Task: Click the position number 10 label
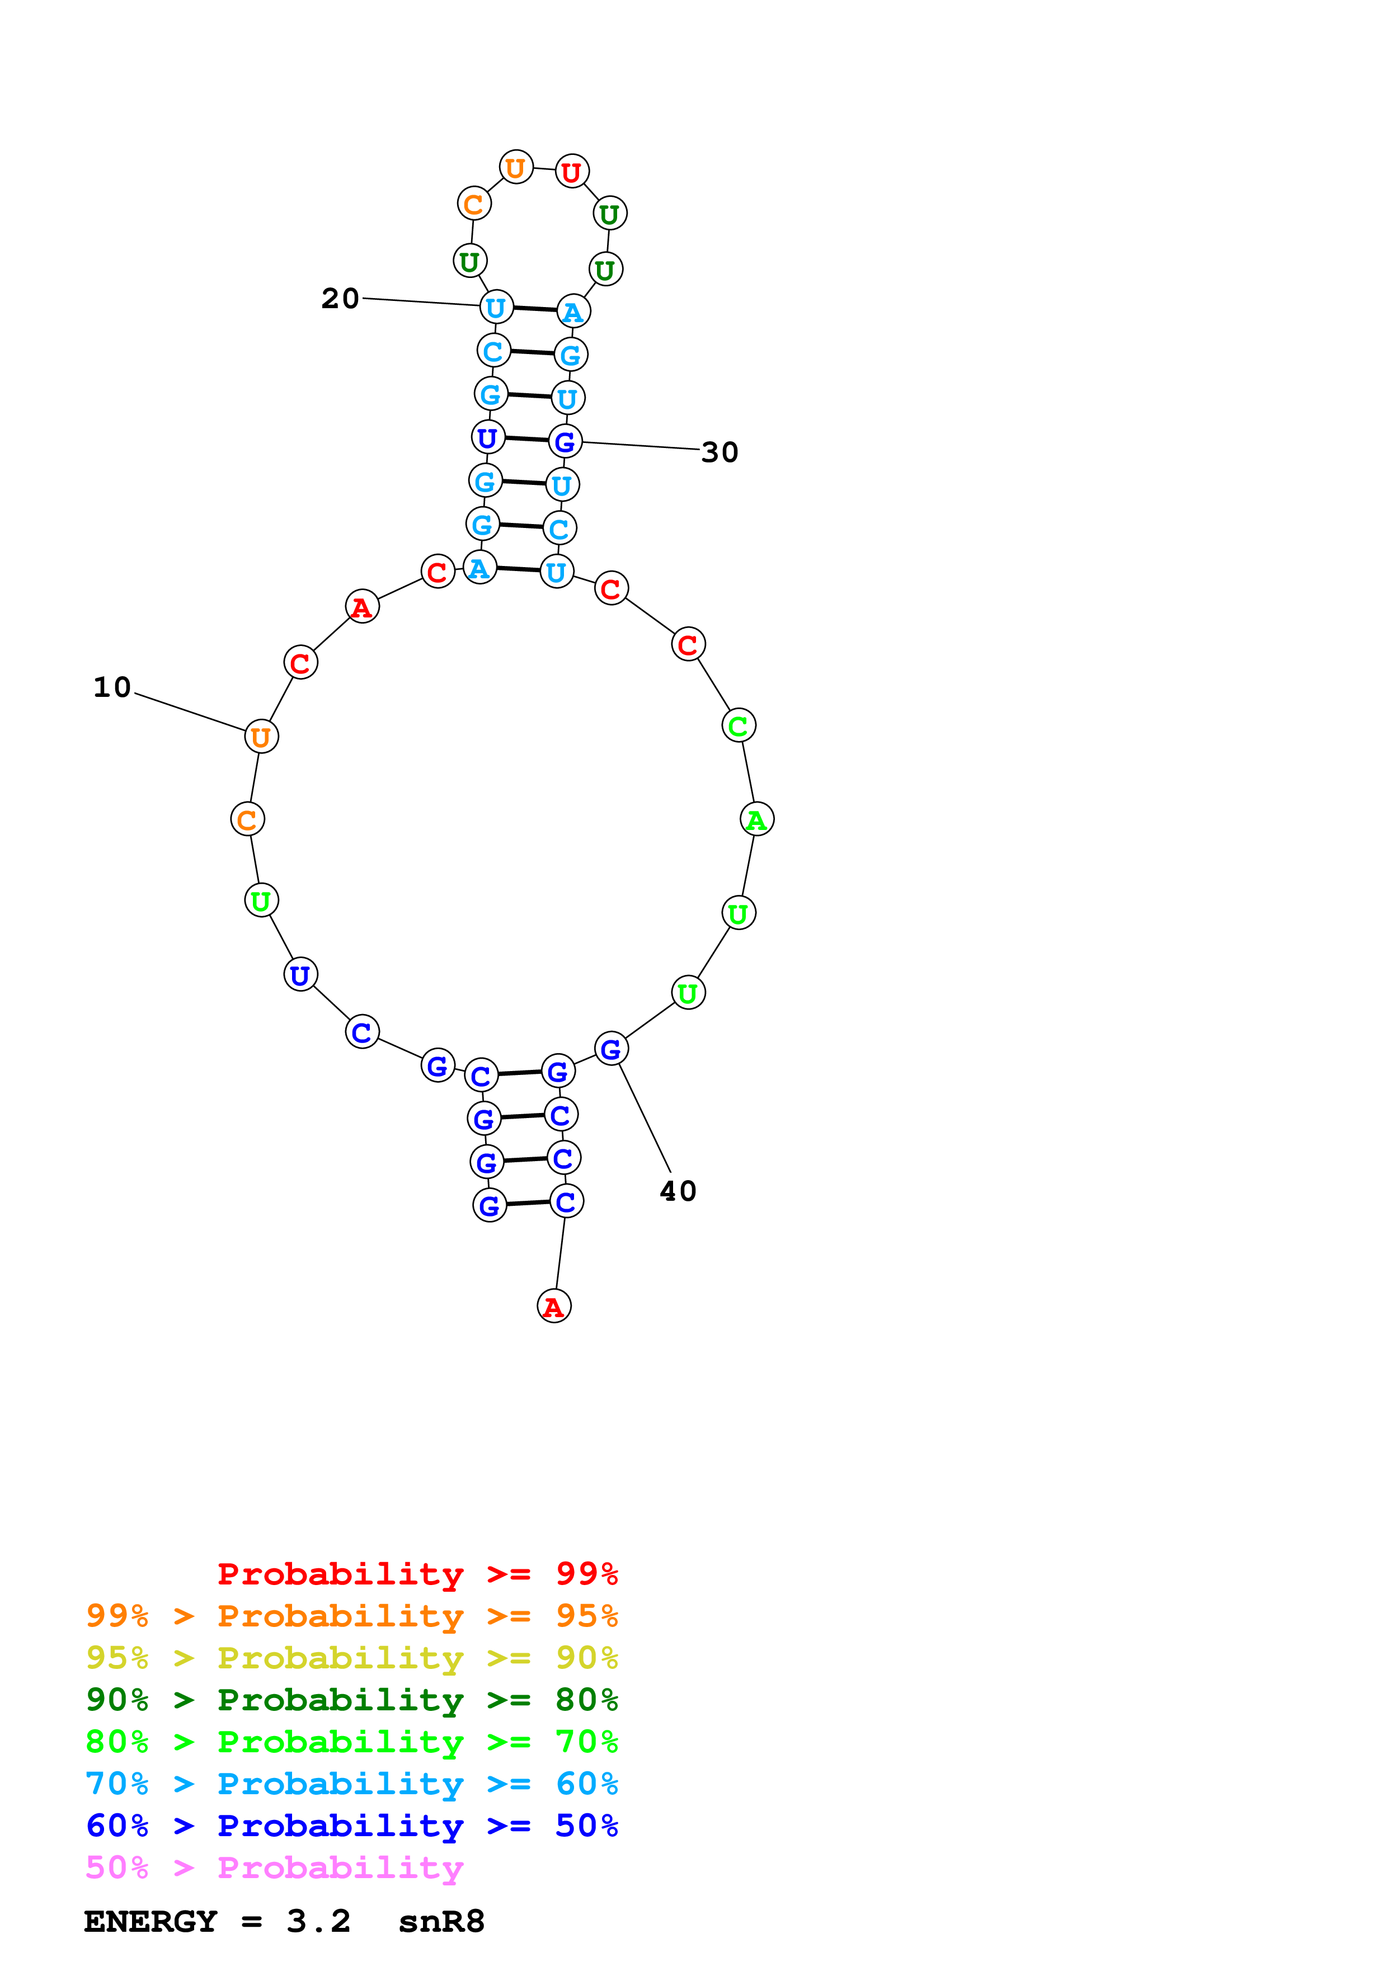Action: [x=112, y=687]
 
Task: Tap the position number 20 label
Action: [x=340, y=298]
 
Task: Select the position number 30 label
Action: [x=720, y=452]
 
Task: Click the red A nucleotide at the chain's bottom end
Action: [x=554, y=1306]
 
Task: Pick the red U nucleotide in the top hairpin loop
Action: [x=572, y=172]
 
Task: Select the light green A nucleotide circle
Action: [x=756, y=819]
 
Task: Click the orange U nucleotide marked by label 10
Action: [x=261, y=737]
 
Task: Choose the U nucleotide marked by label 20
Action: [x=496, y=307]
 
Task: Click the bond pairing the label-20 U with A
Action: [x=535, y=309]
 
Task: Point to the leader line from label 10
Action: [x=190, y=712]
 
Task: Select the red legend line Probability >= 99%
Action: [x=417, y=1573]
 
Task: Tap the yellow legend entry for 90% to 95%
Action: [x=351, y=1657]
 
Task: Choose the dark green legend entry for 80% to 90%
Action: [x=351, y=1700]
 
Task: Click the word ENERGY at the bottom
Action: [x=151, y=1921]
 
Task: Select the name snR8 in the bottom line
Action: [x=441, y=1921]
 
